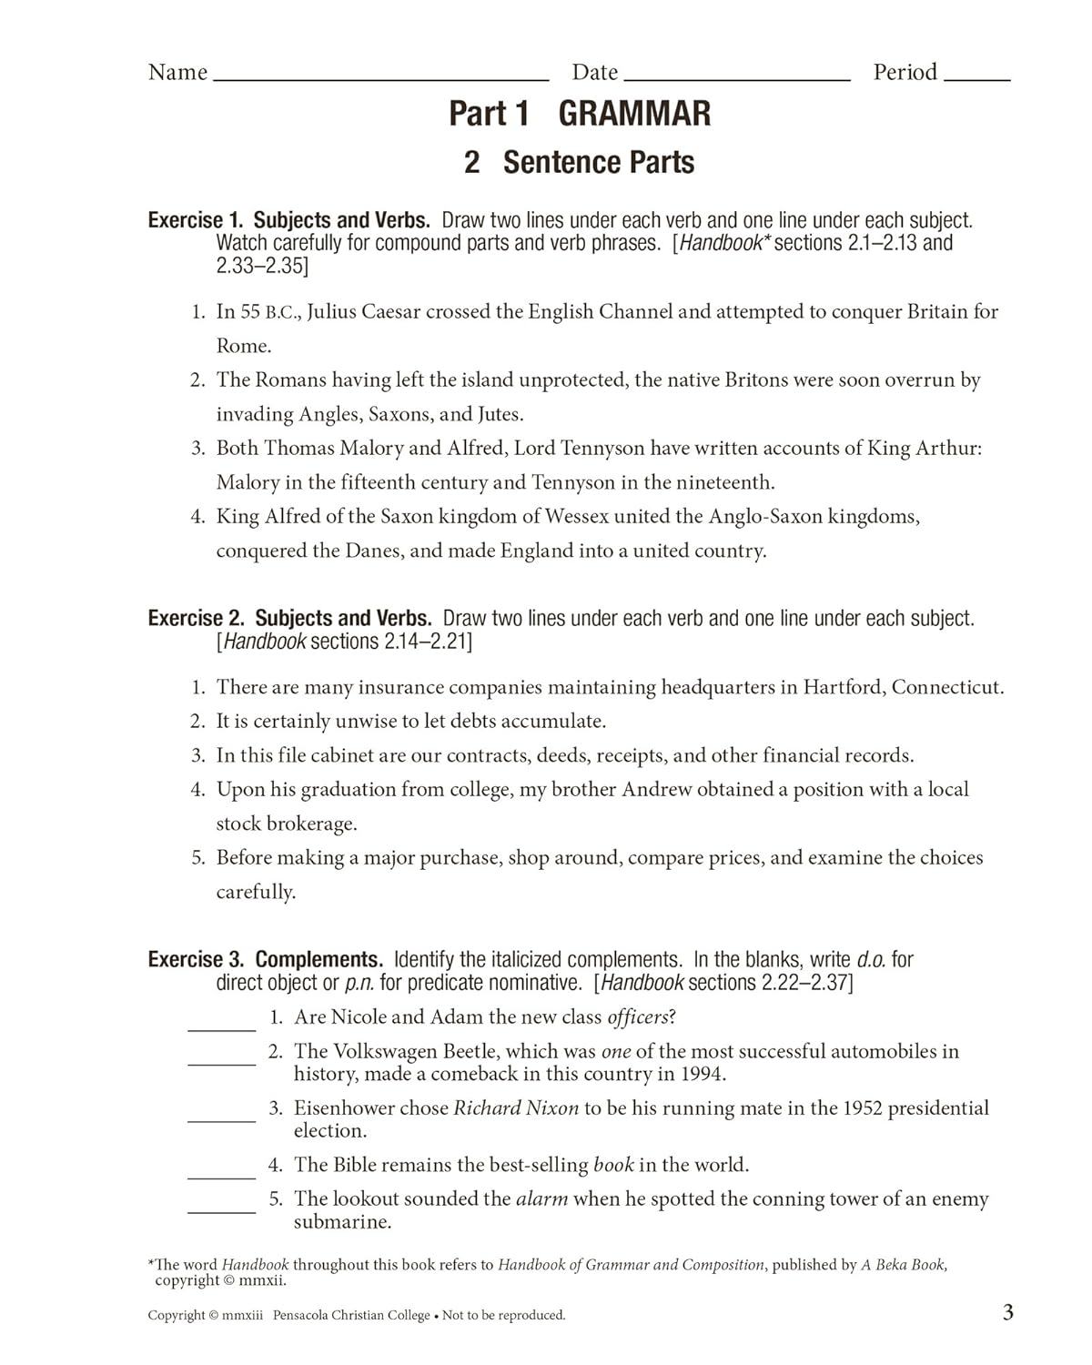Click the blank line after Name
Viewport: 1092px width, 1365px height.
(x=380, y=79)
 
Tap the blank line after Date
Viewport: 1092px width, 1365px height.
(x=737, y=79)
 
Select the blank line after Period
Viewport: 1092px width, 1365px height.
(x=977, y=79)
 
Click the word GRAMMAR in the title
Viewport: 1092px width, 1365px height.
(x=634, y=114)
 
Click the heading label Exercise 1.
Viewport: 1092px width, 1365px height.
(x=196, y=220)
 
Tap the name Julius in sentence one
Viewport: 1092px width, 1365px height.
(x=331, y=312)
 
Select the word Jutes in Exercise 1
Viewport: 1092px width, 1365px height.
(x=500, y=415)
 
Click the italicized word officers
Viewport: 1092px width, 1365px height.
(x=641, y=1017)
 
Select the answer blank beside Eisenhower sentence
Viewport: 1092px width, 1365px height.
(x=221, y=1119)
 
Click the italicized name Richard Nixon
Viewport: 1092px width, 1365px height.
(x=516, y=1108)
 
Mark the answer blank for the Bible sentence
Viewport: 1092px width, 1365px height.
(x=221, y=1176)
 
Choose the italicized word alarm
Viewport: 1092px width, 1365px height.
(x=541, y=1199)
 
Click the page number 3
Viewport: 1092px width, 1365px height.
(x=1007, y=1312)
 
